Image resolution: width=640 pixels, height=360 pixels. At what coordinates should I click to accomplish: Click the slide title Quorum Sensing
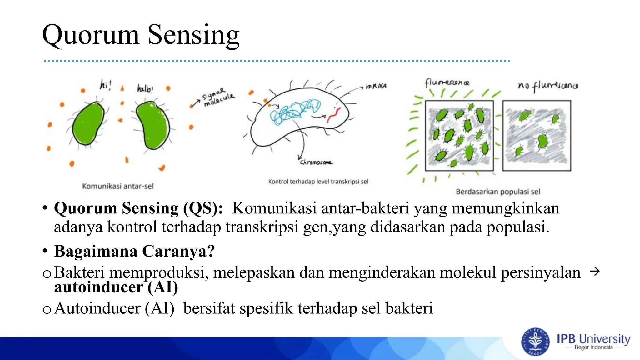pyautogui.click(x=141, y=35)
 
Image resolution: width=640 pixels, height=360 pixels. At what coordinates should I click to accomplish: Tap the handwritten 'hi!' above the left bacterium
pyautogui.click(x=105, y=85)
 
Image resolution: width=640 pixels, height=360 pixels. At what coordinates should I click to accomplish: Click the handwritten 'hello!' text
pyautogui.click(x=145, y=88)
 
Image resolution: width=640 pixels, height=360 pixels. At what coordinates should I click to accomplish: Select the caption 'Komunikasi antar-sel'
pyautogui.click(x=118, y=186)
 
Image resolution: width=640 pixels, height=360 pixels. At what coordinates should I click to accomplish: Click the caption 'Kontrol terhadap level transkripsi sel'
pyautogui.click(x=318, y=182)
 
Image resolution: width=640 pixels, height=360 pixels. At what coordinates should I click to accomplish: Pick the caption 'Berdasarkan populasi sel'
pyautogui.click(x=497, y=192)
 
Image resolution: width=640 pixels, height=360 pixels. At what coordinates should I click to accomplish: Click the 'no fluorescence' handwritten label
pyautogui.click(x=548, y=86)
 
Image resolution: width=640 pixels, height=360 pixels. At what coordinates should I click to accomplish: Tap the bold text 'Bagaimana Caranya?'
pyautogui.click(x=134, y=251)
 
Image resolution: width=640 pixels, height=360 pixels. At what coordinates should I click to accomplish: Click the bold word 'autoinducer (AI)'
pyautogui.click(x=116, y=287)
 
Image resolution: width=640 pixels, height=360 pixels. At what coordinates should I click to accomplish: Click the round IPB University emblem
pyautogui.click(x=535, y=342)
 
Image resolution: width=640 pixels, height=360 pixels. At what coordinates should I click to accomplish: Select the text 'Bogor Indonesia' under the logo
pyautogui.click(x=593, y=347)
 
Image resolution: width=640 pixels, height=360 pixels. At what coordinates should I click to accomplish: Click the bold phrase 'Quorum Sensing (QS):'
pyautogui.click(x=138, y=208)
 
